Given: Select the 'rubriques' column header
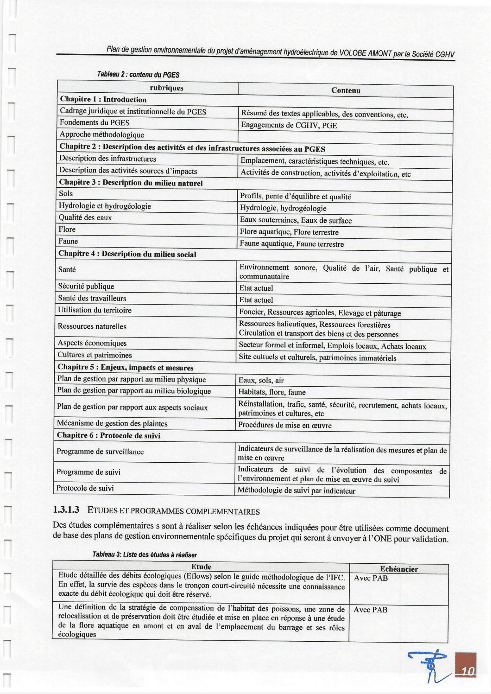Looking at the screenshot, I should [x=167, y=88].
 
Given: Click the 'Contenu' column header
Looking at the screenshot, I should [x=345, y=90].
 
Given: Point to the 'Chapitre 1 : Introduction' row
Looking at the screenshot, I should [x=103, y=99].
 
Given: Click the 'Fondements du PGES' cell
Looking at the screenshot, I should [x=95, y=122].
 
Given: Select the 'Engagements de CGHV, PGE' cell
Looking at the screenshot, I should [x=289, y=125].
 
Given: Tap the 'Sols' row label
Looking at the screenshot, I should [x=66, y=193].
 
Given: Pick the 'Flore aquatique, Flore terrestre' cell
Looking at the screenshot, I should [x=289, y=232].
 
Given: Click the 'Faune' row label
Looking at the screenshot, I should [x=68, y=241].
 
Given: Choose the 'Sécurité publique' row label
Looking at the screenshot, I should [x=86, y=286].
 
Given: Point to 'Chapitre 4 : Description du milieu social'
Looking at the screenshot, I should [x=127, y=254].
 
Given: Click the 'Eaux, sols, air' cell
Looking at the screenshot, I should [x=261, y=380].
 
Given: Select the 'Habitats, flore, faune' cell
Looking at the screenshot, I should [x=272, y=392].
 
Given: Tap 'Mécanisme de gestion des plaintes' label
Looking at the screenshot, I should [x=112, y=423].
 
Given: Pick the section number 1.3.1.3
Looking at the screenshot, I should [x=66, y=510].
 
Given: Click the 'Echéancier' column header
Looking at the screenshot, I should [x=399, y=569].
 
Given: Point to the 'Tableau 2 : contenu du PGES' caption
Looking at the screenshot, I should [x=138, y=74].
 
